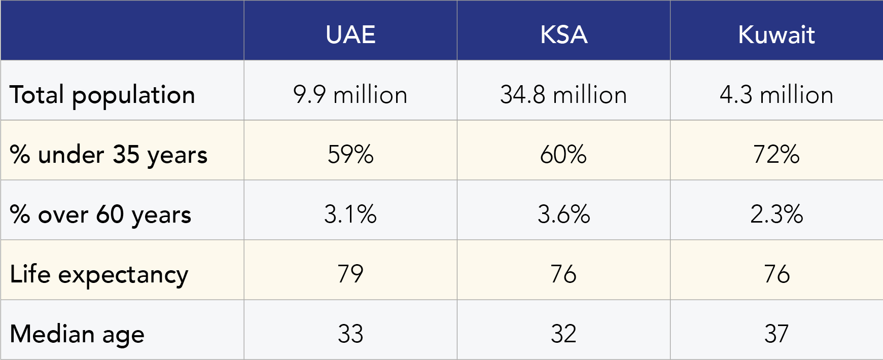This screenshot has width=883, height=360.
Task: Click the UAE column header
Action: (350, 34)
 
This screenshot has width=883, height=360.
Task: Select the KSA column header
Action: (563, 34)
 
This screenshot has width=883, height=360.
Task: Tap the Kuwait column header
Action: (776, 34)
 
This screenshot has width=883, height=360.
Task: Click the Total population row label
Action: (102, 95)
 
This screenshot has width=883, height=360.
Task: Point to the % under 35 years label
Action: (109, 155)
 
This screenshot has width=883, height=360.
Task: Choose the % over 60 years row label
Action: (100, 214)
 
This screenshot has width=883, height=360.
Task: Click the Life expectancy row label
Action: (99, 274)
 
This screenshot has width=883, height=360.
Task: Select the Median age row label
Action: (77, 334)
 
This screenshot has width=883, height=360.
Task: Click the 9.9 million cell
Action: (350, 95)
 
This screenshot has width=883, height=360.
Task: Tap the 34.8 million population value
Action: (563, 95)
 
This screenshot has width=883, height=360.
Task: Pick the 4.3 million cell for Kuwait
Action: (776, 95)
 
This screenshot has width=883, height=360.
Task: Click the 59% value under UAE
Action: (350, 155)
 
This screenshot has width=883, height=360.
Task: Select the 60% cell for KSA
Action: (563, 155)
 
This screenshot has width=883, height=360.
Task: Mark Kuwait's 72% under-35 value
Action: (776, 155)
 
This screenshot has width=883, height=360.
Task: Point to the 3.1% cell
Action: (350, 214)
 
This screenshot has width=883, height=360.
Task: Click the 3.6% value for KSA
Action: (563, 214)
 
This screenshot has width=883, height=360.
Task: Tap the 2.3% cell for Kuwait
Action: (776, 214)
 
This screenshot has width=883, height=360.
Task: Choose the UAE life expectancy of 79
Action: (350, 274)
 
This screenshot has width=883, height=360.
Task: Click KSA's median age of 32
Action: (563, 334)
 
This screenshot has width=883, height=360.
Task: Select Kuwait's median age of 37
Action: (776, 334)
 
